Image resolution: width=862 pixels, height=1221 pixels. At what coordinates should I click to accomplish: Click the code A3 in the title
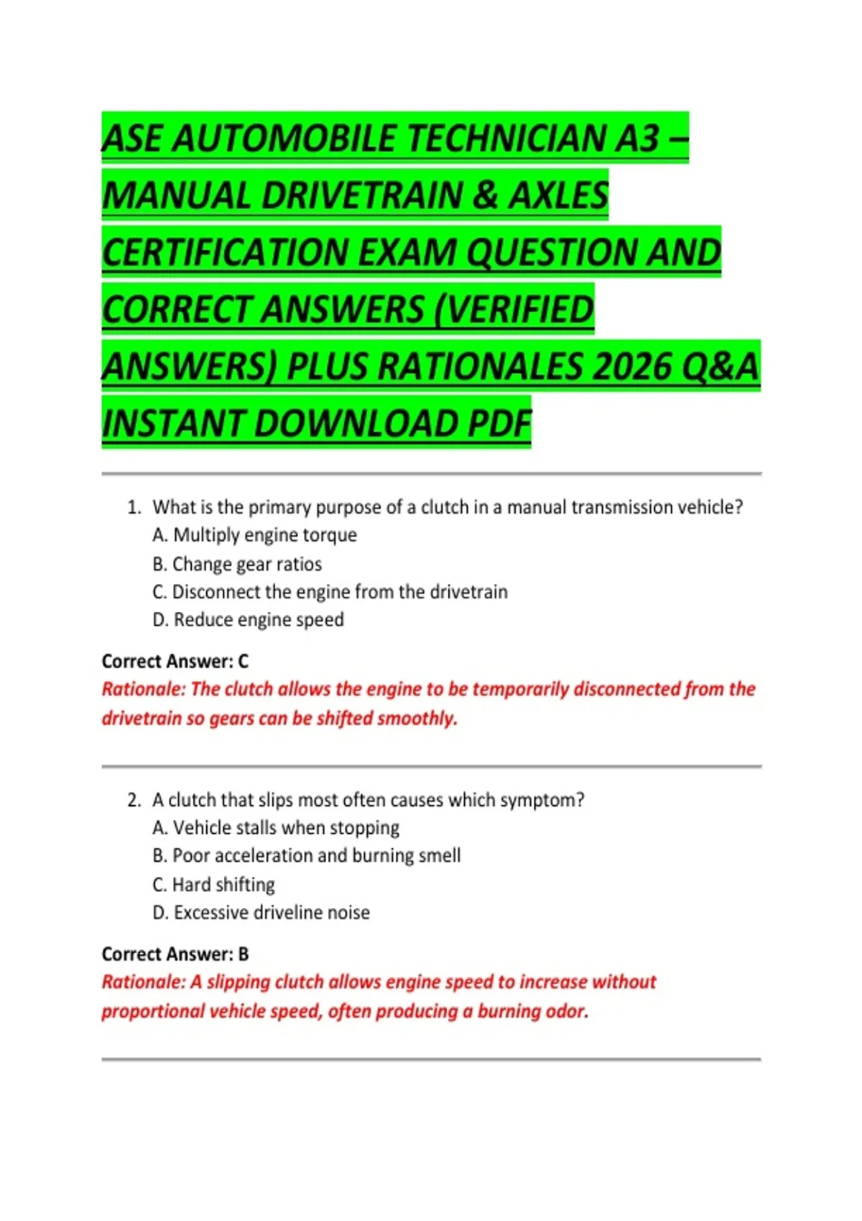tap(637, 138)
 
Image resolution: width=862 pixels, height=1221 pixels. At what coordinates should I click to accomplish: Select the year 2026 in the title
tap(631, 366)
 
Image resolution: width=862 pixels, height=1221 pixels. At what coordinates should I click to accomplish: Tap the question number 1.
tap(134, 507)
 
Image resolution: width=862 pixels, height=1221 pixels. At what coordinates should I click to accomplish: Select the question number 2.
tap(134, 800)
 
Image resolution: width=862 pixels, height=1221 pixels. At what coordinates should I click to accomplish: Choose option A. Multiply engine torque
tap(255, 535)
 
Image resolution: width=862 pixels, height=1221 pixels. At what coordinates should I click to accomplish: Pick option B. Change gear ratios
tap(237, 564)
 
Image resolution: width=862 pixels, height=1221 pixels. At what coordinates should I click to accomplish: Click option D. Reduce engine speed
tap(249, 620)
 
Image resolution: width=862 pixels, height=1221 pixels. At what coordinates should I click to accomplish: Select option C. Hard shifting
tap(214, 884)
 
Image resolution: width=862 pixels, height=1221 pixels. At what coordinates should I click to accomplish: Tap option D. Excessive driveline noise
tap(261, 912)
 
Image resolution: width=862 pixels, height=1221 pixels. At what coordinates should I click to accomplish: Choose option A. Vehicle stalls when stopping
tap(276, 828)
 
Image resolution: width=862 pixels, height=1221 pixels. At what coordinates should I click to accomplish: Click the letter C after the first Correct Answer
tap(243, 661)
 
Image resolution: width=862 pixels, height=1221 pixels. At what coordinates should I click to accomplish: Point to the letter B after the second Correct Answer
tap(244, 955)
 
